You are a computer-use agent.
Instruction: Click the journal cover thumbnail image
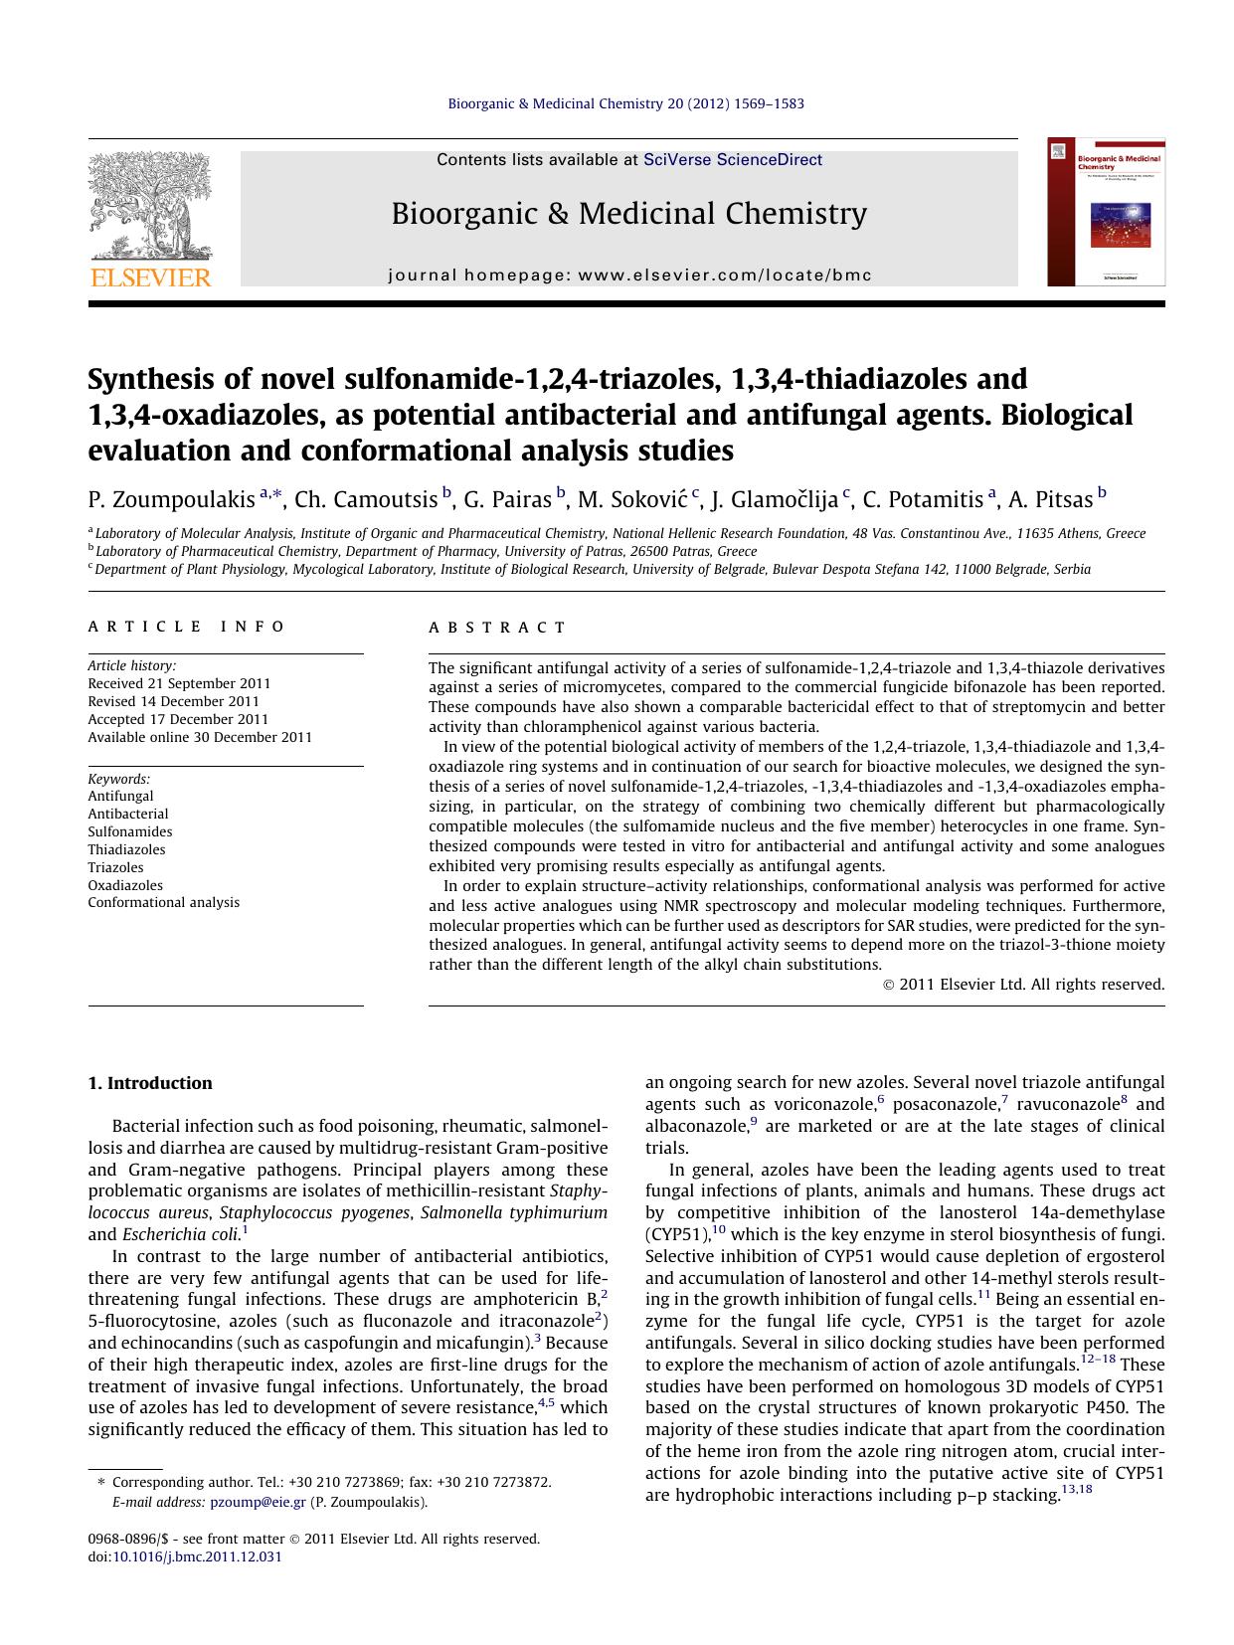click(x=1106, y=212)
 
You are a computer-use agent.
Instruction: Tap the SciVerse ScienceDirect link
click(x=732, y=159)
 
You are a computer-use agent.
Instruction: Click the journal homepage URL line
click(x=629, y=275)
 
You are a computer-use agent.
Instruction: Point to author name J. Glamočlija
click(x=775, y=499)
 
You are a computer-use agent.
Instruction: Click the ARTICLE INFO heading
click(x=187, y=627)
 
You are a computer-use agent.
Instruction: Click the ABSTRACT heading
click(x=497, y=628)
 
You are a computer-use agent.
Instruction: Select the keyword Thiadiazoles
click(x=126, y=849)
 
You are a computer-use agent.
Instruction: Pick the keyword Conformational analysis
click(x=163, y=903)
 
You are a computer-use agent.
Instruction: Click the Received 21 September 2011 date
click(x=179, y=683)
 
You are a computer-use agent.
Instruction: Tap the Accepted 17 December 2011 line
click(x=178, y=719)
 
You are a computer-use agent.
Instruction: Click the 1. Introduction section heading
click(x=150, y=1083)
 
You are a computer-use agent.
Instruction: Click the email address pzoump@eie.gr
click(x=259, y=1503)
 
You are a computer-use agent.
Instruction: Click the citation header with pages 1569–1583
click(x=626, y=103)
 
